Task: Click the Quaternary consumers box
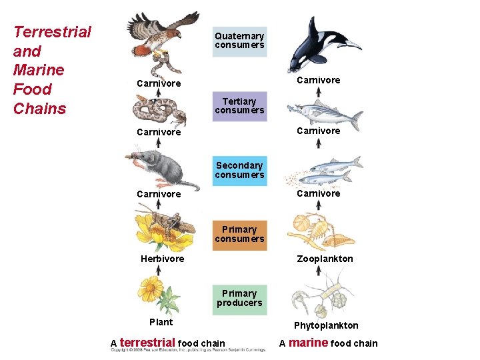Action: (239, 41)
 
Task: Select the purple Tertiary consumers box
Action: (239, 106)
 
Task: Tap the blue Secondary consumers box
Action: (239, 170)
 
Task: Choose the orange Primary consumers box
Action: (239, 234)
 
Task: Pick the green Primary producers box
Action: (239, 298)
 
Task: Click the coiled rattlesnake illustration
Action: (159, 109)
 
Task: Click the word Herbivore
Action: (162, 259)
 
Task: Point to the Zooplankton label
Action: (325, 259)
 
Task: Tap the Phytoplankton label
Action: (326, 325)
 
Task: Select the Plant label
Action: (161, 322)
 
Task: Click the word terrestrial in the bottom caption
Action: (147, 343)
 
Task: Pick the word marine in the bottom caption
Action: (308, 343)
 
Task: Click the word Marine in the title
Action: (39, 70)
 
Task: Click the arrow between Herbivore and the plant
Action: (158, 270)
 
